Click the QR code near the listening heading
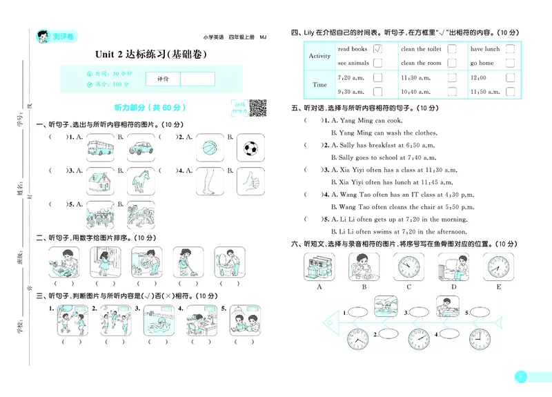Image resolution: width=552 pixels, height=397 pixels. point(257,108)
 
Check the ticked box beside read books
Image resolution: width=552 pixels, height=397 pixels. point(377,49)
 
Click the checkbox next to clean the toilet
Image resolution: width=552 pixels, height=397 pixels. point(451,49)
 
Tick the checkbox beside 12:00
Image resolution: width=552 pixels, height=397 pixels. point(510,77)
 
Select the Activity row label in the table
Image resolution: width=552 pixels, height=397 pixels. point(319,56)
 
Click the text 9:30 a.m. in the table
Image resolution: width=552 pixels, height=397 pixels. point(351,91)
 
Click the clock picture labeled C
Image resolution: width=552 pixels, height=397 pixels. point(408,266)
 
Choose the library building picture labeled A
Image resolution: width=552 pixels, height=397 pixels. point(319,266)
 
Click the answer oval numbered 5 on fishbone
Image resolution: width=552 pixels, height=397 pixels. point(481,312)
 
